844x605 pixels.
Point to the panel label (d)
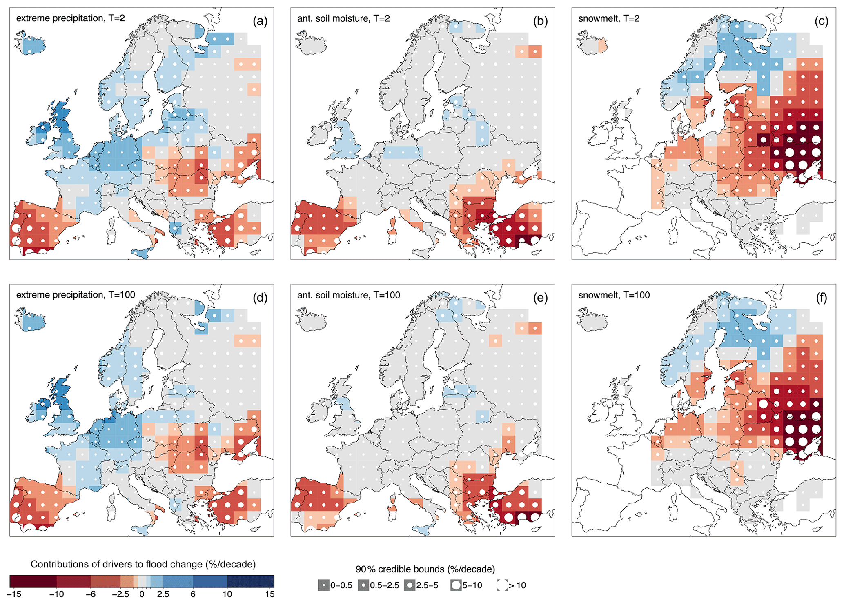[260, 298]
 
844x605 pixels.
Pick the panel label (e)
[541, 298]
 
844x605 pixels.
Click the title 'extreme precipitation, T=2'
[71, 18]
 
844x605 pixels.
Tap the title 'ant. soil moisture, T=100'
[349, 295]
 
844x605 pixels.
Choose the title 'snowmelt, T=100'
[614, 295]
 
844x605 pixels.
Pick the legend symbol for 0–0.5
[324, 585]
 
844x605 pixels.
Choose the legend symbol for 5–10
[456, 585]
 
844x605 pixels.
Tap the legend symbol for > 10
[502, 585]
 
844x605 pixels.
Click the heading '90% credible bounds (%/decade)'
[425, 569]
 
